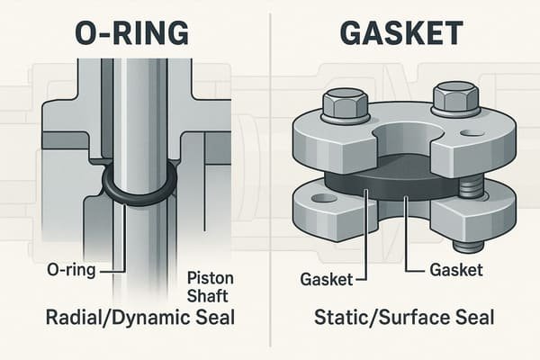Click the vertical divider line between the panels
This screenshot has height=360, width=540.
coord(270,180)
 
